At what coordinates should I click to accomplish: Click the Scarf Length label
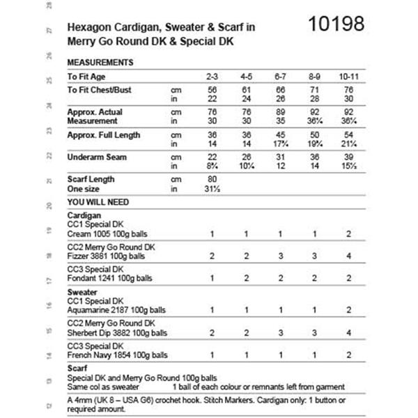pyautogui.click(x=91, y=180)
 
